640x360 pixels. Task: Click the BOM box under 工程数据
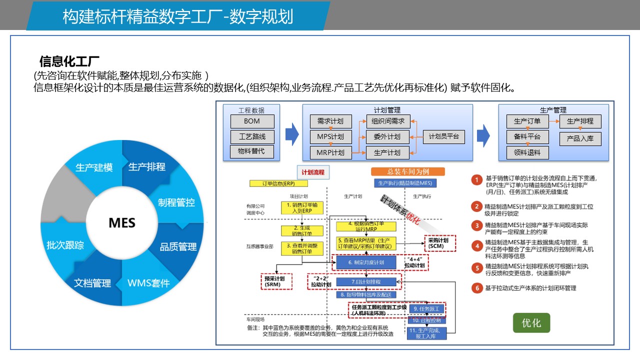tap(252, 121)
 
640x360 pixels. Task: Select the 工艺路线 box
tap(252, 136)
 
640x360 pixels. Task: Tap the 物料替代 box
tap(252, 151)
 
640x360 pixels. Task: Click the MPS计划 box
tap(330, 137)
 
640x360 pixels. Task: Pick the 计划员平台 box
tap(443, 136)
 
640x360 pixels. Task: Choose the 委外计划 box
tap(387, 137)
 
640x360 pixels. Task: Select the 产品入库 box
tap(580, 138)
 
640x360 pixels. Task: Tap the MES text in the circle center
tap(122, 222)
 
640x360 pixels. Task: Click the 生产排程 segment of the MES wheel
tap(147, 167)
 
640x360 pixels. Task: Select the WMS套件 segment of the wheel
tap(148, 283)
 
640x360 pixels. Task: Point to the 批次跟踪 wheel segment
tap(65, 245)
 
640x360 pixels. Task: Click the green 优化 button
tap(531, 323)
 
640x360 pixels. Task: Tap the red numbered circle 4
tap(477, 246)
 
